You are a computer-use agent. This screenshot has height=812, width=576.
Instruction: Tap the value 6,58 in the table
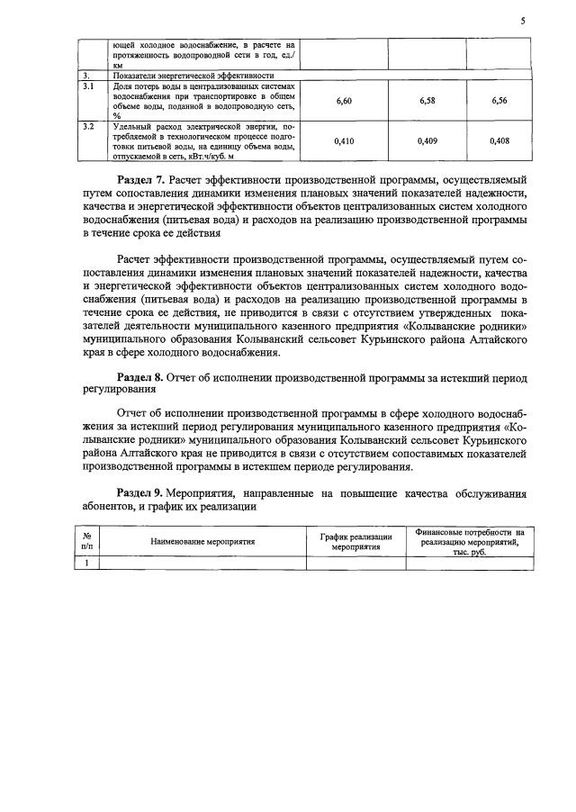[x=427, y=102]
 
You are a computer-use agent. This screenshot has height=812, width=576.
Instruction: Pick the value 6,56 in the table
[x=500, y=102]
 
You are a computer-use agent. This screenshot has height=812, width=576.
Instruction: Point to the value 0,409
[x=427, y=140]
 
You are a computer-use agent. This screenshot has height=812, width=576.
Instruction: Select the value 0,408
[x=500, y=140]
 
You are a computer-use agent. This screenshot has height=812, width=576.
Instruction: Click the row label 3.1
[x=87, y=87]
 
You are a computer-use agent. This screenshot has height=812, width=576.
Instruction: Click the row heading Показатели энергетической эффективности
[x=180, y=77]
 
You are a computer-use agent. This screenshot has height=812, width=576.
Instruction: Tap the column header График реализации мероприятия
[x=355, y=542]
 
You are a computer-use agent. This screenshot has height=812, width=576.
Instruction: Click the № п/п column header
[x=86, y=542]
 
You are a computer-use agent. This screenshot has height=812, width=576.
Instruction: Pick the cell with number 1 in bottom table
[x=86, y=564]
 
